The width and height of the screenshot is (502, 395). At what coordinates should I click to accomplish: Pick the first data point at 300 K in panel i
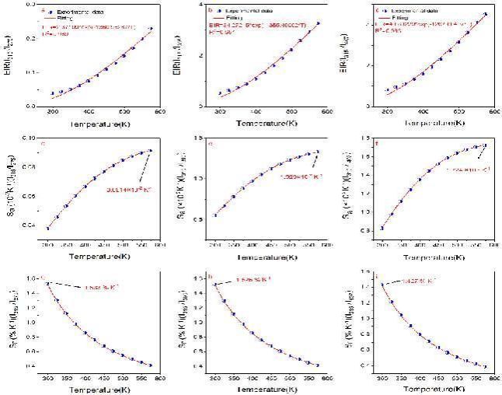click(382, 285)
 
